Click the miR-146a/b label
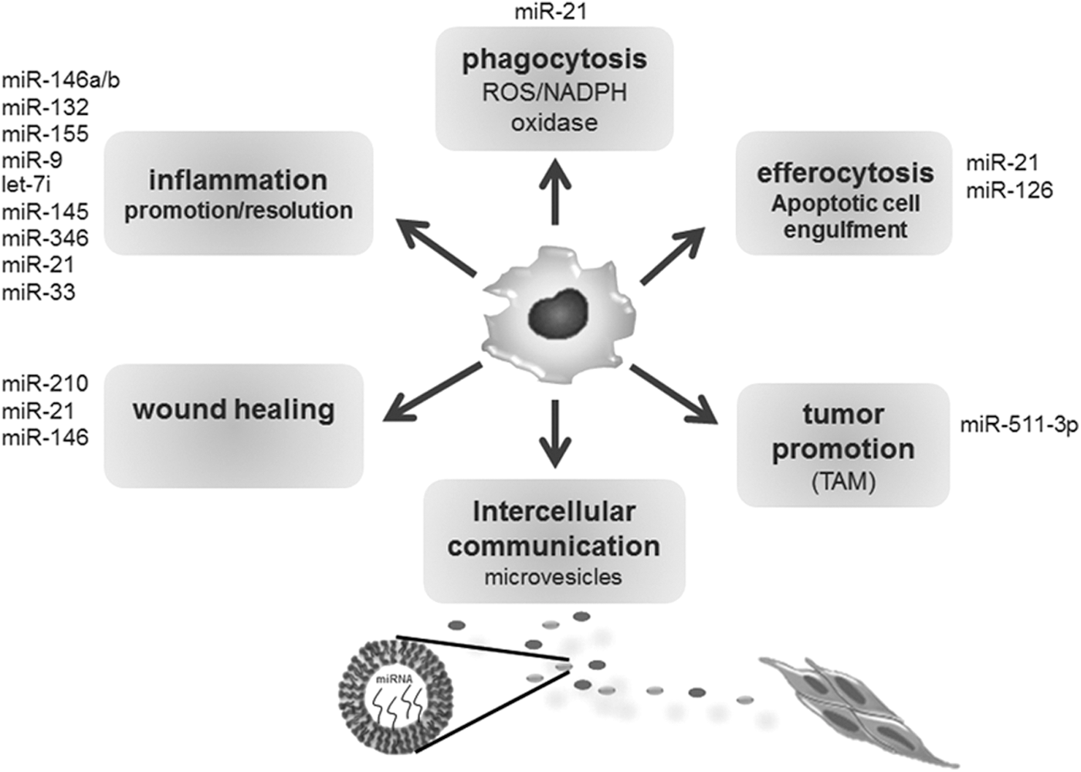point(61,81)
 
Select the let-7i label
point(26,185)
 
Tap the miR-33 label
point(39,293)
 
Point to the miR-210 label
point(46,384)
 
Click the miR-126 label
point(1010,191)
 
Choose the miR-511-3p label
point(1019,426)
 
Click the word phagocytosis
point(554,60)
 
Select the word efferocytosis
point(845,173)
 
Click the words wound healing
point(234,410)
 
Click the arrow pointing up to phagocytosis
point(555,191)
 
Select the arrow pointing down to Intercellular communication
point(555,433)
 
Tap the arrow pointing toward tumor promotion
point(673,394)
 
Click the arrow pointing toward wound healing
point(432,392)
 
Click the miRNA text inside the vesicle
point(395,680)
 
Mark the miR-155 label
point(46,134)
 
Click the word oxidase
point(554,123)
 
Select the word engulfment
point(845,230)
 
